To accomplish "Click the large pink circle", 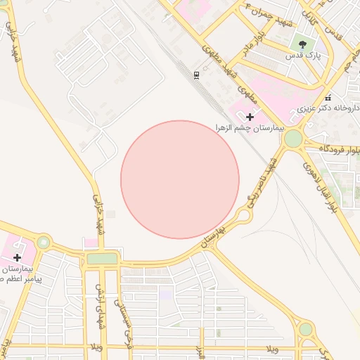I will [180, 179].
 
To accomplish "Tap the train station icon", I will [196, 75].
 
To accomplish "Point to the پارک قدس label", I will [303, 54].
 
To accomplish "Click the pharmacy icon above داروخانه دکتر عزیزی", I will [328, 98].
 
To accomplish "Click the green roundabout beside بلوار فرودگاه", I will [292, 139].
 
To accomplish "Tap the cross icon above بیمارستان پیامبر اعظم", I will [18, 257].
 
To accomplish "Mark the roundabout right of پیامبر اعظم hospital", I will [44, 243].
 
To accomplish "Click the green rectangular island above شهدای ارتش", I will [102, 259].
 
